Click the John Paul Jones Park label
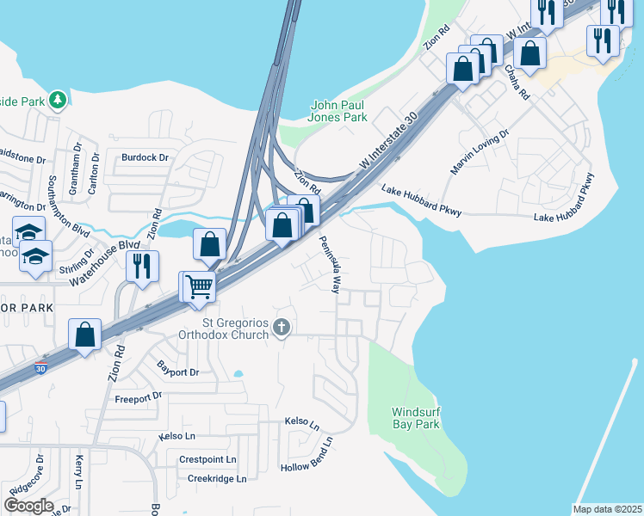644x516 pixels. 338,111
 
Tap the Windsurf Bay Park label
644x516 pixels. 416,418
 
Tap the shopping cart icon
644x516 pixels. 200,286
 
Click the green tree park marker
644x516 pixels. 59,101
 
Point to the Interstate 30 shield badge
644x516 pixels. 41,368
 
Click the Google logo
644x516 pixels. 28,506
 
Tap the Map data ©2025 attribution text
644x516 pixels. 607,509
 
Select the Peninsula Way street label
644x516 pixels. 330,265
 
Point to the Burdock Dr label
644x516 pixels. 144,157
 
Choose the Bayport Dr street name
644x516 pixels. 178,372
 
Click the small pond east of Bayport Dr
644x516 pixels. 237,374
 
